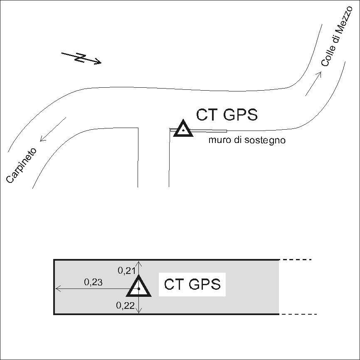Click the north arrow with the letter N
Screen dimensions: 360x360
[81, 58]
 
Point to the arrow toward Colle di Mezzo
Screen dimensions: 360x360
[313, 83]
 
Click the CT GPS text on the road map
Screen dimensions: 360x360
[227, 114]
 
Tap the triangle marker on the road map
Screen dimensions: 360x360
[182, 129]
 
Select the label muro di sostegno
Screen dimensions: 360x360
[247, 140]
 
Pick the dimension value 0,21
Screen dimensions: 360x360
[126, 271]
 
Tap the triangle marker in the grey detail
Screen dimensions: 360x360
[139, 287]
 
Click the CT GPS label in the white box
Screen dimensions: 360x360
[192, 285]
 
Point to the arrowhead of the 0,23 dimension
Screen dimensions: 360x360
[58, 288]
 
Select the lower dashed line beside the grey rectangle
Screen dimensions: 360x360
[298, 314]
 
